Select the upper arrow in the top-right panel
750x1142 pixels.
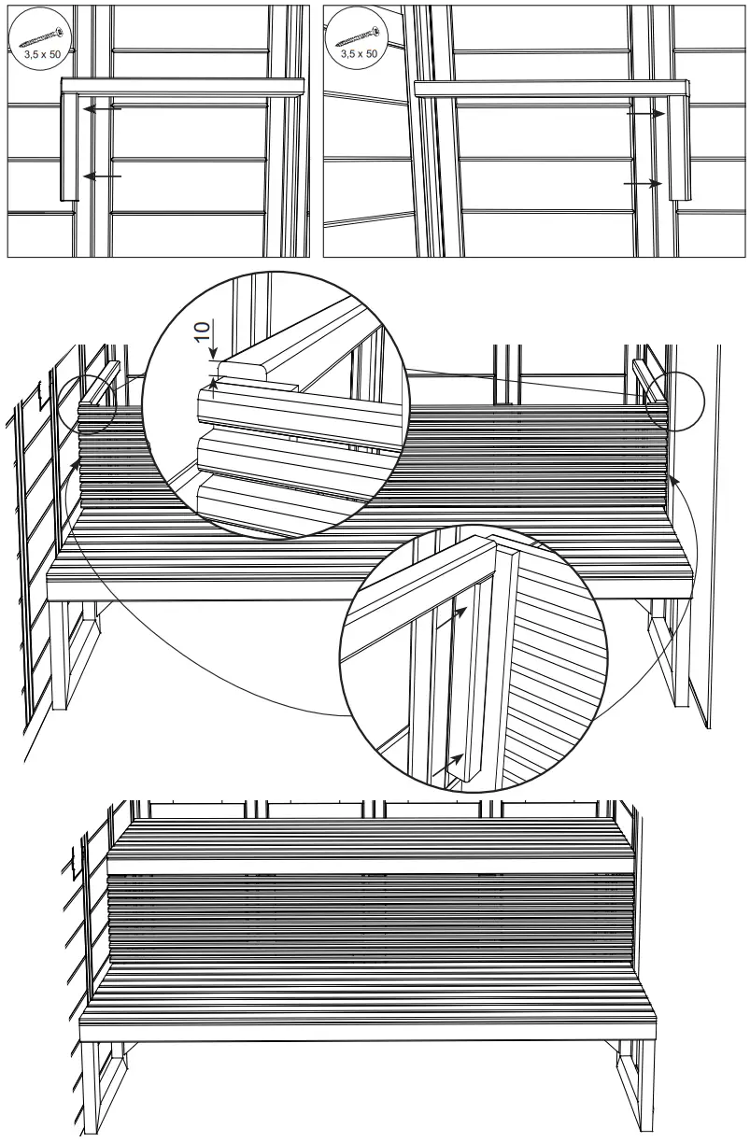tap(645, 113)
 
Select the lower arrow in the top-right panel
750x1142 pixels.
tap(644, 185)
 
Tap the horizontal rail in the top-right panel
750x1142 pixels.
tap(551, 88)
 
